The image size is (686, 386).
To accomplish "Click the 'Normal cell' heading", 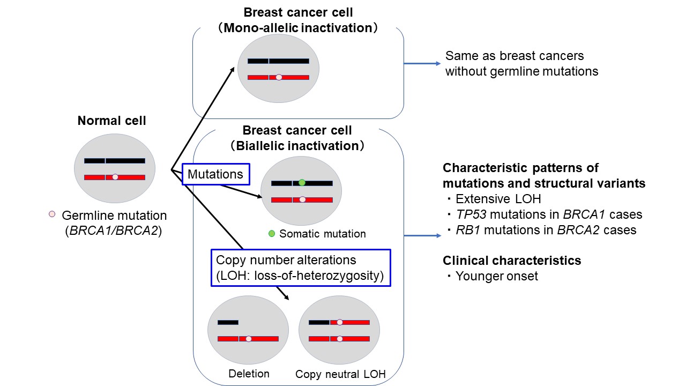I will pyautogui.click(x=111, y=121).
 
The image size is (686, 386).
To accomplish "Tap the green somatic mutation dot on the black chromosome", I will pyautogui.click(x=302, y=183).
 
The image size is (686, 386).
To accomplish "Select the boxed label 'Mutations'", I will pyautogui.click(x=215, y=174).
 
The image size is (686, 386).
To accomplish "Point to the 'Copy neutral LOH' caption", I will pyautogui.click(x=340, y=374).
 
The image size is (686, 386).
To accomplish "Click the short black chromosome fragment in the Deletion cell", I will pyautogui.click(x=228, y=322).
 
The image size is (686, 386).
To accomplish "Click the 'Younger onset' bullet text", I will pyautogui.click(x=497, y=277).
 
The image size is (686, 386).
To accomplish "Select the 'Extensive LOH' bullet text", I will pyautogui.click(x=498, y=199).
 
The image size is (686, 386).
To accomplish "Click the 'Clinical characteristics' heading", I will pyautogui.click(x=512, y=261).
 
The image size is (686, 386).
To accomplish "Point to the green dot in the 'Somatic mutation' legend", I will pyautogui.click(x=272, y=234).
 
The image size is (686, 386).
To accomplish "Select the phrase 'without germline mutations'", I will pyautogui.click(x=521, y=71).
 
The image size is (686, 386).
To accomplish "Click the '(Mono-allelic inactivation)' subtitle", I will pyautogui.click(x=297, y=27).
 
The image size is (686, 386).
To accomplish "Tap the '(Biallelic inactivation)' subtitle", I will pyautogui.click(x=297, y=145).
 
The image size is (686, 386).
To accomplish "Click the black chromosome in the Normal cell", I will pyautogui.click(x=114, y=161).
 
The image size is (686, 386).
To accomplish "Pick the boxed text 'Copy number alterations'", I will pyautogui.click(x=286, y=260).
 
